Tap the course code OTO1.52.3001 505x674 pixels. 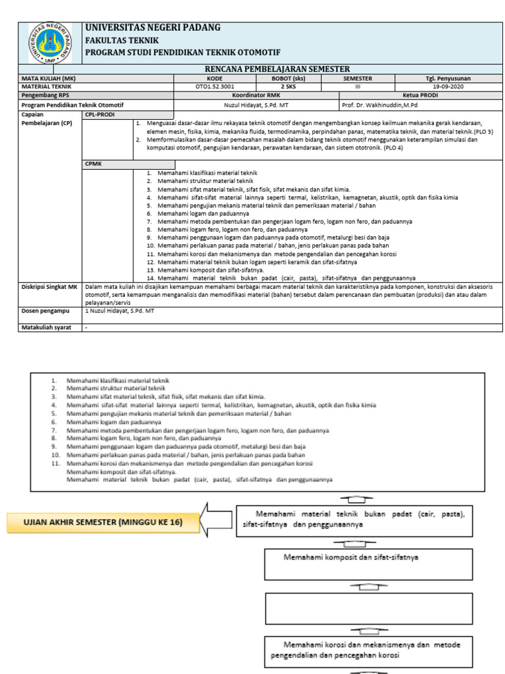coord(214,86)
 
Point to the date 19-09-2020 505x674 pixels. coord(448,86)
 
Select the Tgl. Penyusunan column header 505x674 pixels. coord(448,78)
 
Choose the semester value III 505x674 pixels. coord(358,86)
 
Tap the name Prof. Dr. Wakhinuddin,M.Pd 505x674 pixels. coord(385,105)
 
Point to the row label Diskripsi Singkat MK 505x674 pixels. coord(49,287)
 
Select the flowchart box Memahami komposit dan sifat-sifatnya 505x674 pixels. coord(369,557)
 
